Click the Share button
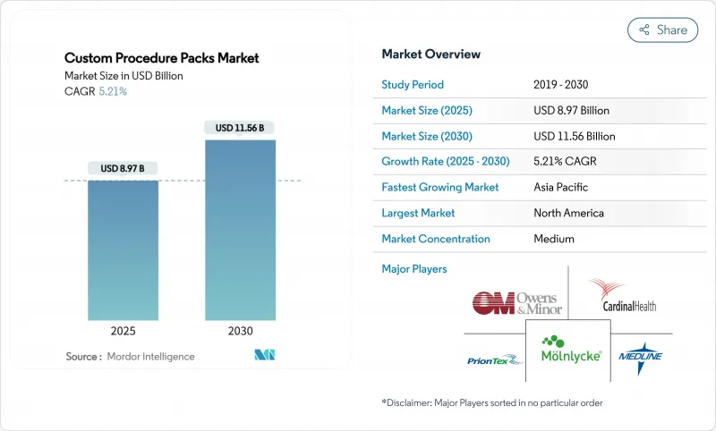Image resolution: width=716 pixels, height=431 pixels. pyautogui.click(x=662, y=30)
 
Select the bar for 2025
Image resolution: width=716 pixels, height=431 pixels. pyautogui.click(x=123, y=250)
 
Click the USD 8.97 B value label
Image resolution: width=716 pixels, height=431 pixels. pyautogui.click(x=123, y=168)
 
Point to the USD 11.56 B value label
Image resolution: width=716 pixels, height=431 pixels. pyautogui.click(x=239, y=128)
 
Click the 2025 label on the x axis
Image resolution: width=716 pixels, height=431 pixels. pyautogui.click(x=123, y=330)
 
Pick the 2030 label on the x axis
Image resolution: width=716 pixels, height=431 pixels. pyautogui.click(x=240, y=330)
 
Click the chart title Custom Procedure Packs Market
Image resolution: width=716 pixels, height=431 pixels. pyautogui.click(x=162, y=58)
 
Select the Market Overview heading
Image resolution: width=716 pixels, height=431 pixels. pyautogui.click(x=430, y=54)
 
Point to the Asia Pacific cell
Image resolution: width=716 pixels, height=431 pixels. pyautogui.click(x=562, y=188)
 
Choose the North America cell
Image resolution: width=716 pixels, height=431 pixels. pyautogui.click(x=567, y=213)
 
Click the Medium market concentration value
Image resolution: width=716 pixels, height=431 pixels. pyautogui.click(x=554, y=239)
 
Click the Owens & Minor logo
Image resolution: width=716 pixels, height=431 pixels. pyautogui.click(x=516, y=303)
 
